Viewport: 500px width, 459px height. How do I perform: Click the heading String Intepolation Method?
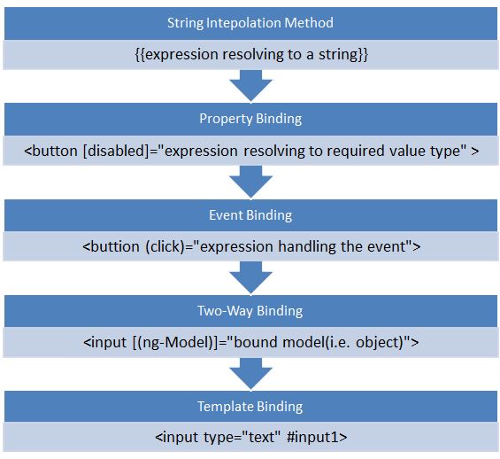coord(250,23)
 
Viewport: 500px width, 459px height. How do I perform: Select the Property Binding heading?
coord(250,119)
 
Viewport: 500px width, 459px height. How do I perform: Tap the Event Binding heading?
coord(250,215)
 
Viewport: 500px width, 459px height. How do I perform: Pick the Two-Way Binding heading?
coord(250,311)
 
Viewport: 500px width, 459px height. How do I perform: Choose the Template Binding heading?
coord(250,407)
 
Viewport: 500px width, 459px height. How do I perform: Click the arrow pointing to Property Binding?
coord(251,86)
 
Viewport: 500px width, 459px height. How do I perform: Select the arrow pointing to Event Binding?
coord(251,182)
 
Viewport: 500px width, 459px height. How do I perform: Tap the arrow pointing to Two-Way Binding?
coord(251,277)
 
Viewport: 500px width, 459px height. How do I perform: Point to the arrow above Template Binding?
coord(251,374)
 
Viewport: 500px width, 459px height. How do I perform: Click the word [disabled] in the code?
coord(116,151)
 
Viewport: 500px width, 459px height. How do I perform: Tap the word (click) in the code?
coord(165,246)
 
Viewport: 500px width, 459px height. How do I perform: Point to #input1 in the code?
coord(317,437)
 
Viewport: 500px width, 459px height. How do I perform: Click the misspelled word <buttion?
coord(111,246)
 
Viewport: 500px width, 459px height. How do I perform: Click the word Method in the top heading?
coord(309,23)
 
